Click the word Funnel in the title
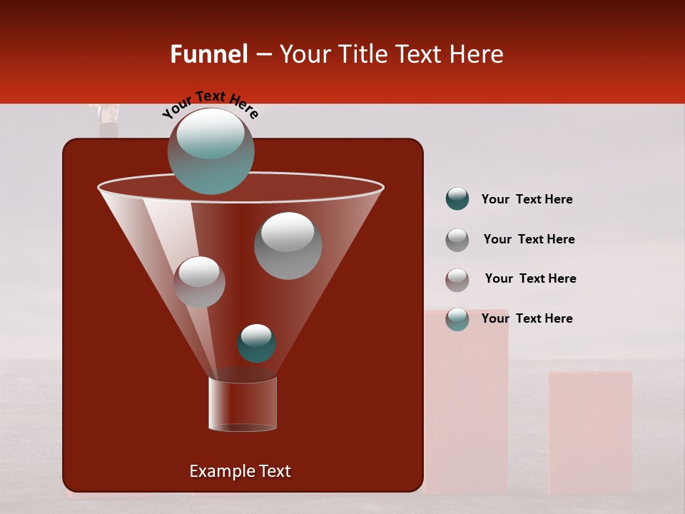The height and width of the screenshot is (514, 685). tap(208, 54)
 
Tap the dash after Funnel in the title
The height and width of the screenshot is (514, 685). tap(263, 55)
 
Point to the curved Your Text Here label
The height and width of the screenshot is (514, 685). tap(210, 104)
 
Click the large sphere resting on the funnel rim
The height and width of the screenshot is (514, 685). tap(211, 151)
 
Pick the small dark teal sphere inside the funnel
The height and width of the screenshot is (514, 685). tap(256, 343)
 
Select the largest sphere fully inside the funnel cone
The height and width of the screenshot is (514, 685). tap(288, 246)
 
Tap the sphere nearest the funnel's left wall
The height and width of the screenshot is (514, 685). tap(199, 282)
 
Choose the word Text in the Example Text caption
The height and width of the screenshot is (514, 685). tap(274, 471)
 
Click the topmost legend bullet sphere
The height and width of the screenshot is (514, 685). tap(457, 198)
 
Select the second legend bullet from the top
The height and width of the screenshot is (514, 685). tap(457, 240)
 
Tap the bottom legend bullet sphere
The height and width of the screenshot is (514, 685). tap(457, 319)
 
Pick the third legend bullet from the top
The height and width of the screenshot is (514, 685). tap(457, 280)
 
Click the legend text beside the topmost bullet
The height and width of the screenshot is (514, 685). tap(527, 199)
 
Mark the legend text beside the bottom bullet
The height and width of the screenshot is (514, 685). tap(527, 318)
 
